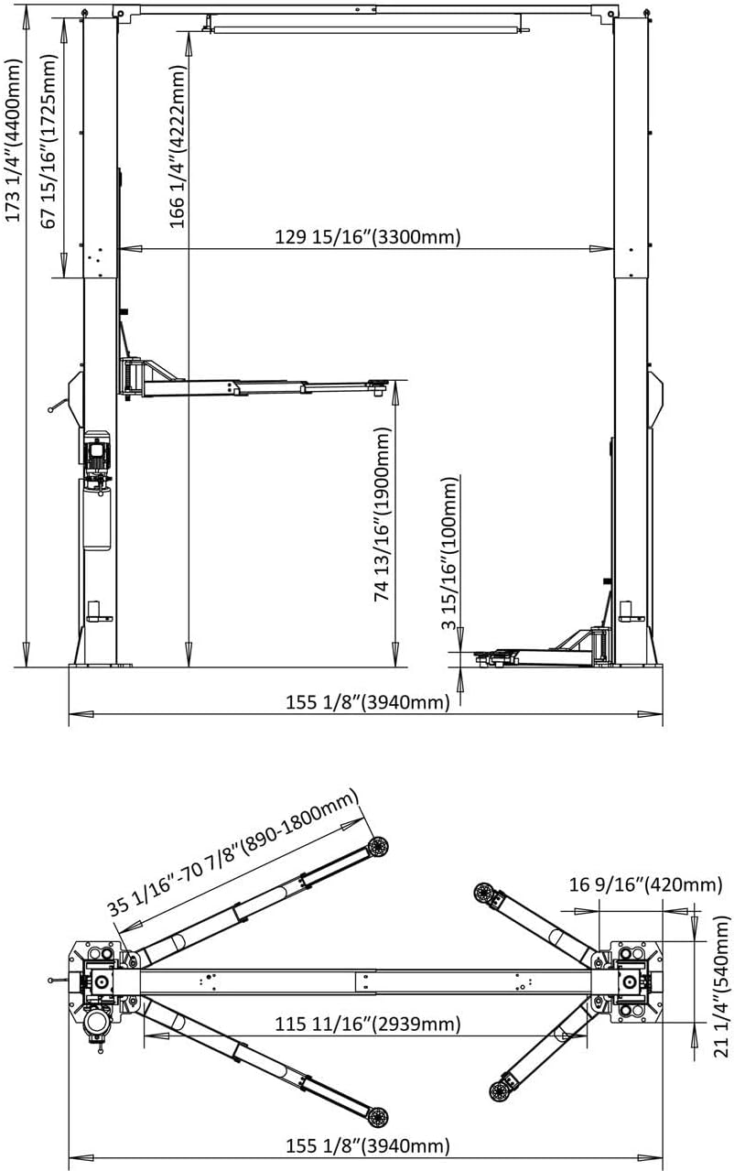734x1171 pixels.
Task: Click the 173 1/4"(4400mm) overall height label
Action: point(14,140)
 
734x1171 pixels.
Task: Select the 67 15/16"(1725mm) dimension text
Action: point(49,141)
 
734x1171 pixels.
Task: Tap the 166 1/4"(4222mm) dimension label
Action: point(178,146)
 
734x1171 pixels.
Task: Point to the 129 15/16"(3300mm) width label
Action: point(368,237)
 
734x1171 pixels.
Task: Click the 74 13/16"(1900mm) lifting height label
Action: point(383,514)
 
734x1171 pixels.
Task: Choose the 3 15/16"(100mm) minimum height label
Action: point(449,554)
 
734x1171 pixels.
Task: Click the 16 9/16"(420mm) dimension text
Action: point(646,884)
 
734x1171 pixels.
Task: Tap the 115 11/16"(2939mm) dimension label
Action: point(368,1024)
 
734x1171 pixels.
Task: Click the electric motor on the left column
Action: point(97,452)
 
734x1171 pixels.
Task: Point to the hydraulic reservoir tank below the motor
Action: point(97,514)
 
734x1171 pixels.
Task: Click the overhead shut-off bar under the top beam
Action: point(367,30)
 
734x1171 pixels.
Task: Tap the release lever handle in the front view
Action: point(59,406)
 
